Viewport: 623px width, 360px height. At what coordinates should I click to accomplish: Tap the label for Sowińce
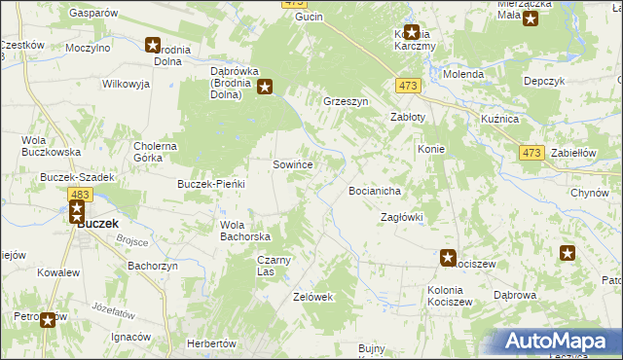(292, 165)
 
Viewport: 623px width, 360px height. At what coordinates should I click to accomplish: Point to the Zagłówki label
(401, 217)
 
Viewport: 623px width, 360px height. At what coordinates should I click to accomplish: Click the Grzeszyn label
(345, 100)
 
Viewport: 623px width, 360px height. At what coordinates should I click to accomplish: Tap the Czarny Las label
(275, 266)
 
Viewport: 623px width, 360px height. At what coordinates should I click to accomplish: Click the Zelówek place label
(313, 297)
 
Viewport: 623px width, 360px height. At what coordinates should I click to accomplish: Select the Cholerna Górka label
(155, 152)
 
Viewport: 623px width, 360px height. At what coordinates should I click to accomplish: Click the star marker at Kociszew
(448, 258)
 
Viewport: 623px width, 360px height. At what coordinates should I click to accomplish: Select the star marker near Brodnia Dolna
(153, 44)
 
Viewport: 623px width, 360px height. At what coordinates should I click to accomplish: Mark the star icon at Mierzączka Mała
(530, 18)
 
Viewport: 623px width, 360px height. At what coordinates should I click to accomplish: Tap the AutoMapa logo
(558, 340)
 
